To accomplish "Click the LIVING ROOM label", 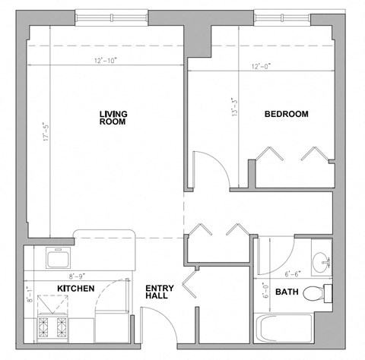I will pos(113,118).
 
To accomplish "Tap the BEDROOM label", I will pos(286,115).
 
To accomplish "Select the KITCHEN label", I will pos(76,289).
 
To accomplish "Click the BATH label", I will pos(287,292).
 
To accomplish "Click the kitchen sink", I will pos(59,260).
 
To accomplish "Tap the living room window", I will pos(112,16).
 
